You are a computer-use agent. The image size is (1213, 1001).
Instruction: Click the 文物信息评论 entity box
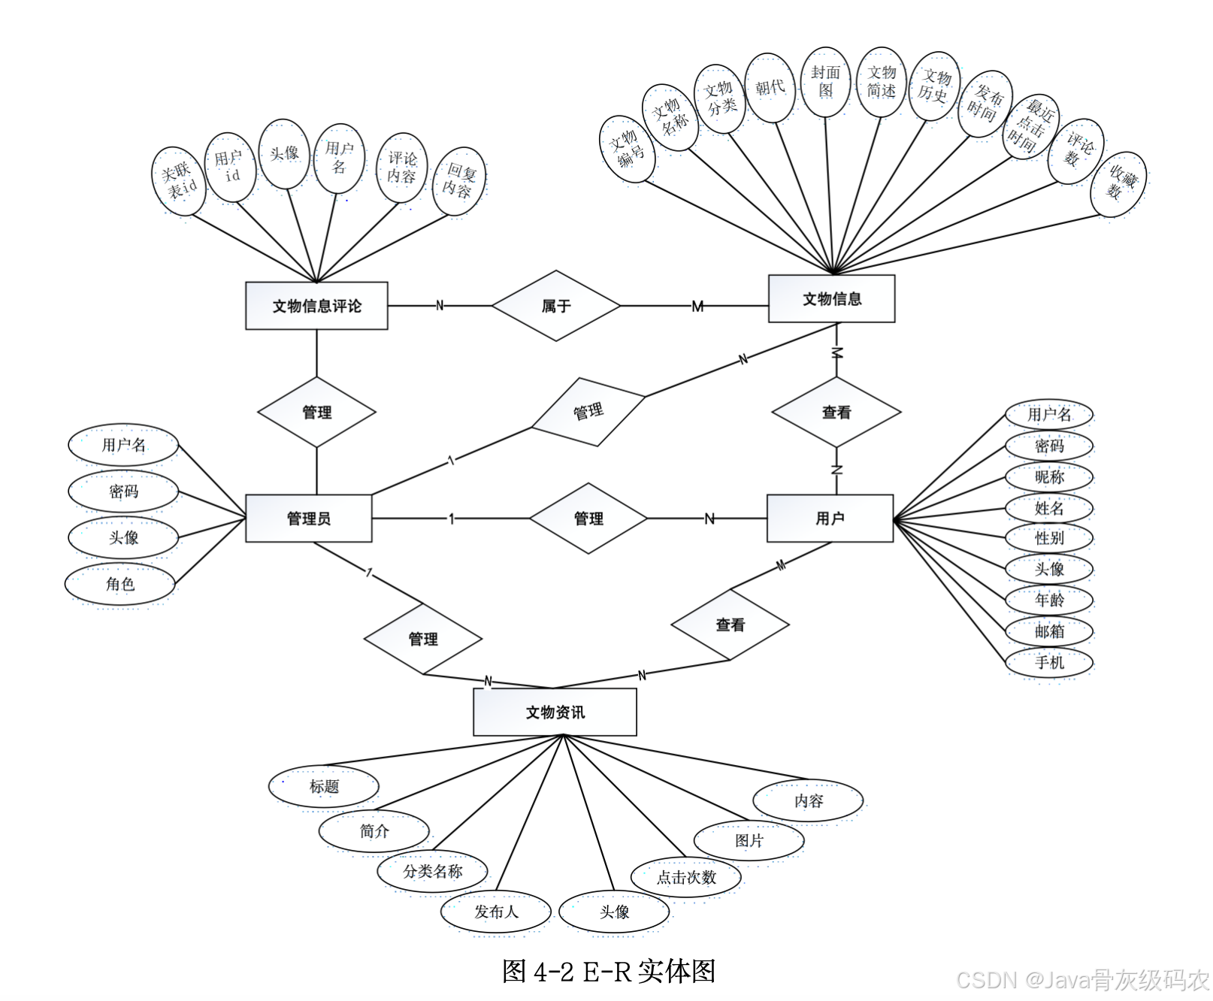pyautogui.click(x=316, y=306)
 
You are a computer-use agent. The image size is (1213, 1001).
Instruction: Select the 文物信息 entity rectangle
pyautogui.click(x=831, y=299)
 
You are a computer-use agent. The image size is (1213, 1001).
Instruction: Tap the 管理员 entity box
pyautogui.click(x=308, y=519)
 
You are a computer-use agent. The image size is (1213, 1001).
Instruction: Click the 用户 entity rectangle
pyautogui.click(x=830, y=519)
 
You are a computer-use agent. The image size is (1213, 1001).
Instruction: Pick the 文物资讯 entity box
pyautogui.click(x=555, y=712)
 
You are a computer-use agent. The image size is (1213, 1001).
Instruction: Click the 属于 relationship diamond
pyautogui.click(x=556, y=306)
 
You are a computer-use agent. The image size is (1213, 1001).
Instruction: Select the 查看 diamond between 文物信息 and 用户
pyautogui.click(x=836, y=412)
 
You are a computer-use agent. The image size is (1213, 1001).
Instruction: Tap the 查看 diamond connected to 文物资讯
pyautogui.click(x=730, y=624)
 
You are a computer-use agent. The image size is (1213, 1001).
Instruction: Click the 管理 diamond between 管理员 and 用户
pyautogui.click(x=588, y=519)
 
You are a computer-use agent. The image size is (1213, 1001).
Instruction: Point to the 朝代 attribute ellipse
pyautogui.click(x=770, y=88)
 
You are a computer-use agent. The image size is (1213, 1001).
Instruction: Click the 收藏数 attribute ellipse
pyautogui.click(x=1118, y=184)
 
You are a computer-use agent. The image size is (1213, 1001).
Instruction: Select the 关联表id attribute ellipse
pyautogui.click(x=180, y=181)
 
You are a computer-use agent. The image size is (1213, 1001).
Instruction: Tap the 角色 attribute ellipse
pyautogui.click(x=120, y=584)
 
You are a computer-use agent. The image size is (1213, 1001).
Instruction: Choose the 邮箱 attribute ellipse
pyautogui.click(x=1049, y=631)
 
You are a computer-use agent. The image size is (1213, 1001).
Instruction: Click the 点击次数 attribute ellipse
pyautogui.click(x=686, y=877)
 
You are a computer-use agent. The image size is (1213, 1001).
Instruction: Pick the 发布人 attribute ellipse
pyautogui.click(x=496, y=912)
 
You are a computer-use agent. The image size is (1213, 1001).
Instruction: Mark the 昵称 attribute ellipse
pyautogui.click(x=1049, y=477)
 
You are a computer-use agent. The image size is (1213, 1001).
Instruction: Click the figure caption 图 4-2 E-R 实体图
pyautogui.click(x=608, y=971)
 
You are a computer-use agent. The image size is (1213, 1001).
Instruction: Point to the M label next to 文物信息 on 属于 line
pyautogui.click(x=697, y=307)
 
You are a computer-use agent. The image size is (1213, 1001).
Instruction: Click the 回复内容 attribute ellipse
pyautogui.click(x=459, y=181)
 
